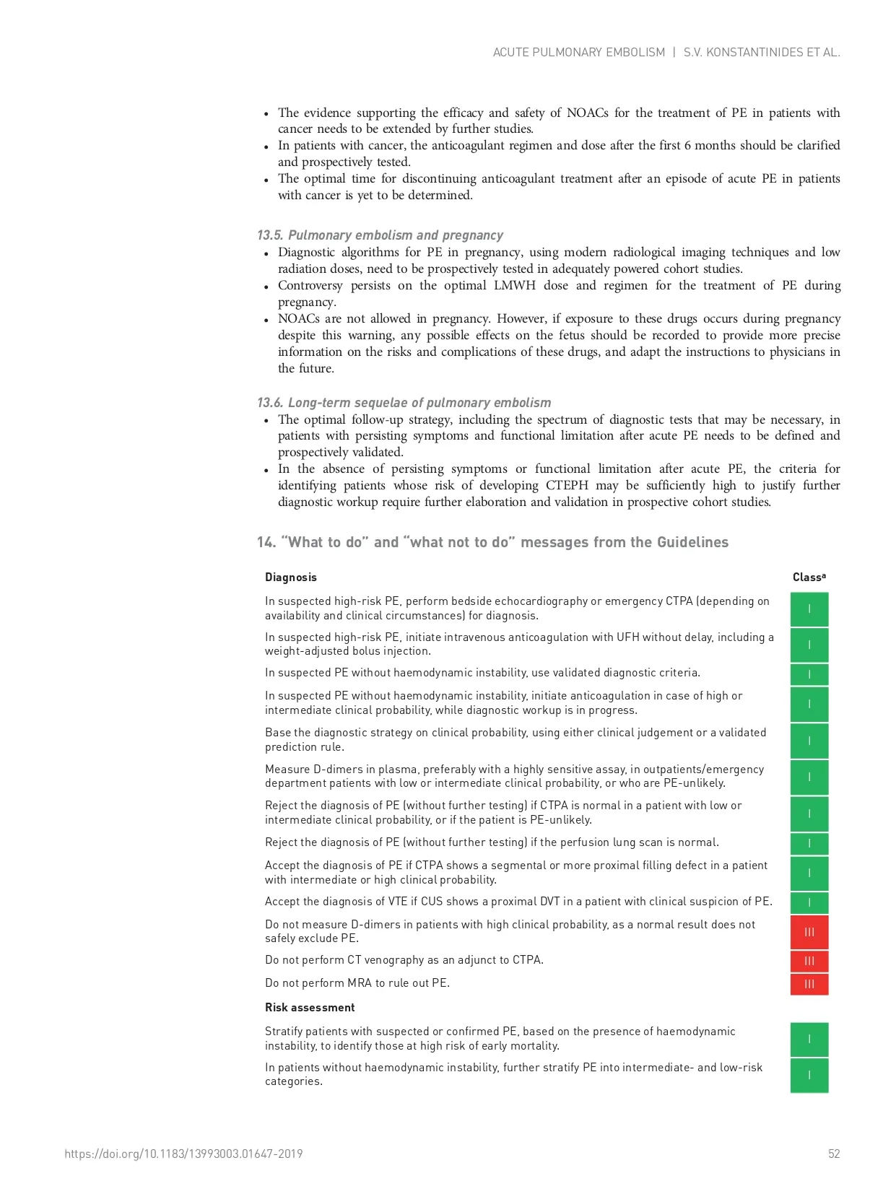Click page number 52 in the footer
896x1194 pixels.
pyautogui.click(x=834, y=1154)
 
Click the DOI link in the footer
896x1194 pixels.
pyautogui.click(x=183, y=1154)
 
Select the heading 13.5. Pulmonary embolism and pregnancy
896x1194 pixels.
pyautogui.click(x=380, y=235)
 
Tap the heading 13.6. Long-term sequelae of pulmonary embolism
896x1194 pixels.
pyautogui.click(x=404, y=403)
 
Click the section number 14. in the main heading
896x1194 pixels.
pyautogui.click(x=266, y=542)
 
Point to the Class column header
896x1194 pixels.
pyautogui.click(x=809, y=577)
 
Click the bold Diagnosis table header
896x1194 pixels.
pyautogui.click(x=290, y=577)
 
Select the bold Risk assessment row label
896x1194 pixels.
pyautogui.click(x=310, y=1007)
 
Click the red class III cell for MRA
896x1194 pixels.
pyautogui.click(x=809, y=984)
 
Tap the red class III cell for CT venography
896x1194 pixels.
pyautogui.click(x=809, y=961)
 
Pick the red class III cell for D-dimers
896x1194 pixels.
pyautogui.click(x=809, y=932)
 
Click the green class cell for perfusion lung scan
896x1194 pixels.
pyautogui.click(x=809, y=843)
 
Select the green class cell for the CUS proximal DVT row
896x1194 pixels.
pyautogui.click(x=809, y=902)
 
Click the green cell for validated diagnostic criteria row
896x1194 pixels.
pyautogui.click(x=809, y=674)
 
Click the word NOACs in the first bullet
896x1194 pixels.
pyautogui.click(x=587, y=113)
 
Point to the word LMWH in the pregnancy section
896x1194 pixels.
pyautogui.click(x=515, y=285)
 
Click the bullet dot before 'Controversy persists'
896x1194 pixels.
pyautogui.click(x=266, y=287)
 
